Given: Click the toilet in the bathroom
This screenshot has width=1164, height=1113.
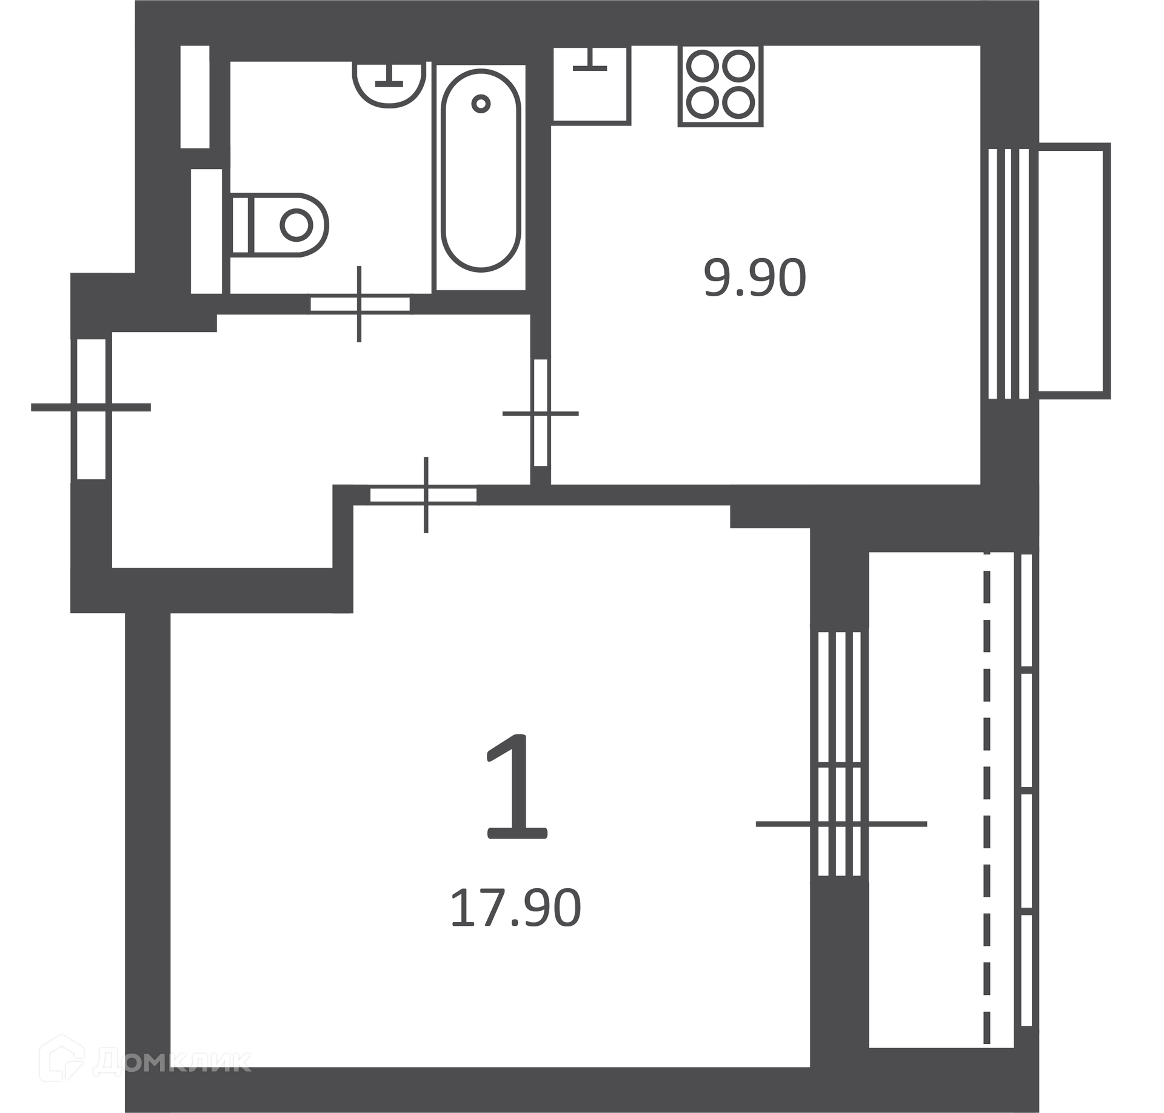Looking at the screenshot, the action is [x=279, y=225].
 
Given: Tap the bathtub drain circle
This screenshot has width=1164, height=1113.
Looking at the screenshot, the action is [x=481, y=104].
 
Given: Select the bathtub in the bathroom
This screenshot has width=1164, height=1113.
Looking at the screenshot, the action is [x=481, y=170].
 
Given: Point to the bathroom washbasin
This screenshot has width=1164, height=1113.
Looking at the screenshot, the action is [x=389, y=84].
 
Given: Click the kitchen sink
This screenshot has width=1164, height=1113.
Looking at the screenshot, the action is [x=591, y=85].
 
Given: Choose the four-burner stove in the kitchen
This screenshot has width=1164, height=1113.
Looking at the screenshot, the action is [x=720, y=85].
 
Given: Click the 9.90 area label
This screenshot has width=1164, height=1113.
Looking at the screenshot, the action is [x=755, y=278].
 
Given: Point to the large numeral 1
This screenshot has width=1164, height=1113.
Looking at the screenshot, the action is [x=517, y=787].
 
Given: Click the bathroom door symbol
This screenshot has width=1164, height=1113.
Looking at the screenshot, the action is [x=360, y=304].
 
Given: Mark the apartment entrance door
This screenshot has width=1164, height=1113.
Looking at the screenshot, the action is [x=91, y=408].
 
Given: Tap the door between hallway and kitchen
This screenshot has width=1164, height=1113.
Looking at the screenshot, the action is [x=540, y=413].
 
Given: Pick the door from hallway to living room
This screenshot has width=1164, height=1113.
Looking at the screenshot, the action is [x=424, y=495].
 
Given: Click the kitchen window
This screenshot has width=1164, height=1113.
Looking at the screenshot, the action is [x=1009, y=274].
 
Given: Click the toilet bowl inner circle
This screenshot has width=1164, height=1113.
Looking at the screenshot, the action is [x=296, y=225].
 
